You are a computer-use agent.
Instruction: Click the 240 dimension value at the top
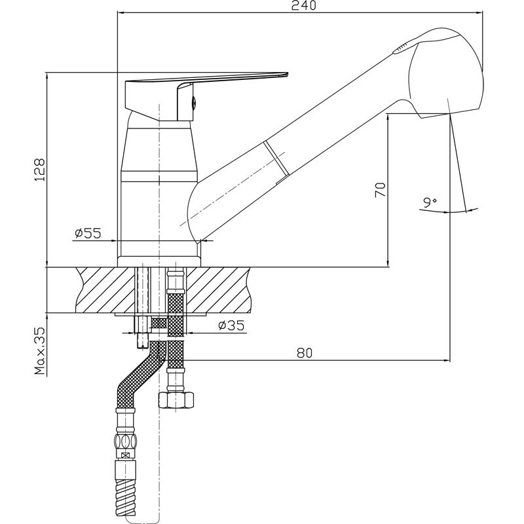click(303, 6)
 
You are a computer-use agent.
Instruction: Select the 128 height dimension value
click(39, 170)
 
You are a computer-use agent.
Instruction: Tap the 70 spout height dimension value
click(381, 189)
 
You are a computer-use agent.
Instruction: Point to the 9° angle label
click(430, 202)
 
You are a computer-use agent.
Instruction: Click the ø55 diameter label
click(88, 233)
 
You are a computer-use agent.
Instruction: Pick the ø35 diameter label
click(231, 325)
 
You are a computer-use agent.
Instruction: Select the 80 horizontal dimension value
click(305, 353)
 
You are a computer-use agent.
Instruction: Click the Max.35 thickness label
click(39, 351)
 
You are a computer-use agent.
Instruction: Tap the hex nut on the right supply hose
click(176, 400)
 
